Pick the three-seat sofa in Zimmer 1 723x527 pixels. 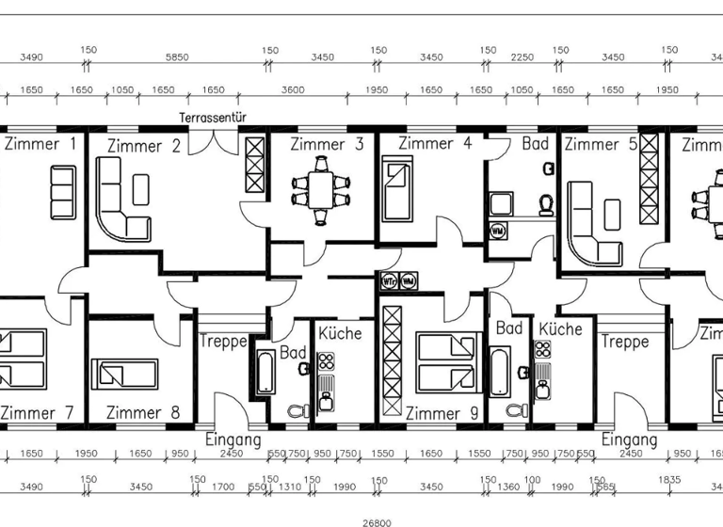(x=63, y=192)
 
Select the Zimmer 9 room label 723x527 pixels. (x=434, y=413)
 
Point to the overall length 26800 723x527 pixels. (x=377, y=521)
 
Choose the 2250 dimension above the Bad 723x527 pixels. (x=523, y=57)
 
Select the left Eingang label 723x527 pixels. (x=233, y=439)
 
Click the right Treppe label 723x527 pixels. (x=625, y=343)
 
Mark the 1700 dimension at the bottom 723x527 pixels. (x=224, y=487)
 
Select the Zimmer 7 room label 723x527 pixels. (x=39, y=413)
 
